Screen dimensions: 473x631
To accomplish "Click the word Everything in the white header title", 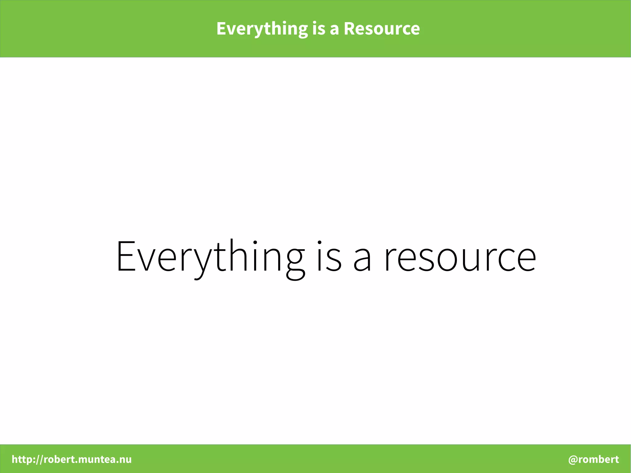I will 262,29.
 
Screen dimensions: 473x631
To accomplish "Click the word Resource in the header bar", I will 381,29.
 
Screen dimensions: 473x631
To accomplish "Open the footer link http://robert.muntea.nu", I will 71,459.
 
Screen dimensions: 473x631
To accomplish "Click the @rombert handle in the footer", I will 593,459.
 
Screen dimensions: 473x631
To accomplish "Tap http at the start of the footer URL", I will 22,459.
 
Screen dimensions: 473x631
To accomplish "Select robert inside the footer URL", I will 59,459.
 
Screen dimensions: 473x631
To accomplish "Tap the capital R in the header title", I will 349,29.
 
